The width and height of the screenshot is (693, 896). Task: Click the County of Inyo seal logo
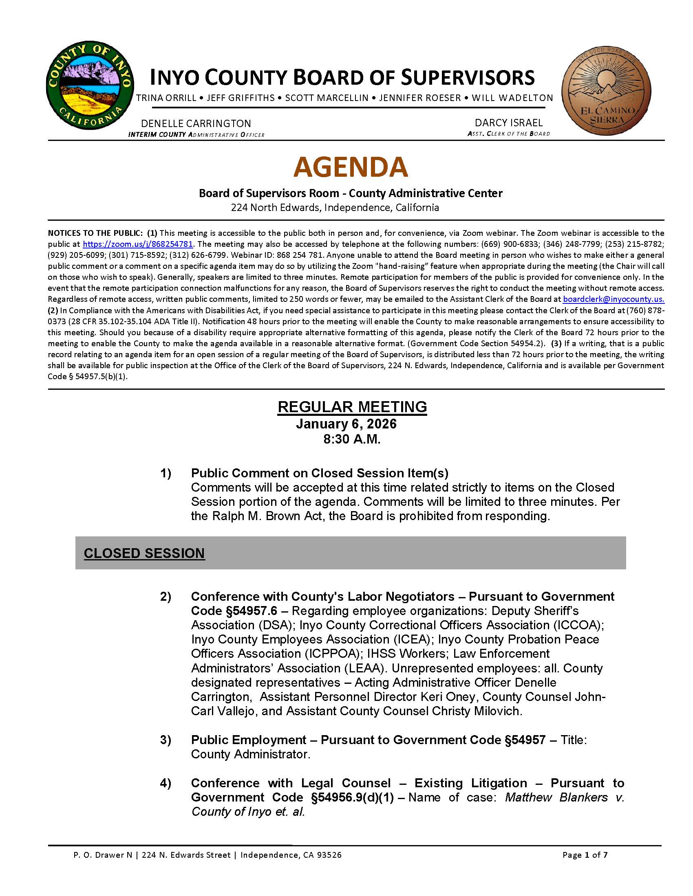(90, 85)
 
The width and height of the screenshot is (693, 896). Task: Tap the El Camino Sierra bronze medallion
(606, 90)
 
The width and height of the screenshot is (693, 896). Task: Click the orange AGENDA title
(351, 167)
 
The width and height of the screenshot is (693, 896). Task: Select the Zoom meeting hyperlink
(137, 244)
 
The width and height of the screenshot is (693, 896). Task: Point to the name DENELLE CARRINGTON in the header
(196, 123)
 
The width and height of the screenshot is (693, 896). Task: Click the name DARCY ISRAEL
(508, 123)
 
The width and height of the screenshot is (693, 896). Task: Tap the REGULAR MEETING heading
(352, 406)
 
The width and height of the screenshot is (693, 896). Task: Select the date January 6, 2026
(346, 424)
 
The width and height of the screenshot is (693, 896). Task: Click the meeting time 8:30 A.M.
(351, 439)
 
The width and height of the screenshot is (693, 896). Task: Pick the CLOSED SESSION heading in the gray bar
(144, 553)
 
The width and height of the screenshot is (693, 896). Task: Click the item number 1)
(166, 473)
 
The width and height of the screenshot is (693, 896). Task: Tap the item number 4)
(166, 783)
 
